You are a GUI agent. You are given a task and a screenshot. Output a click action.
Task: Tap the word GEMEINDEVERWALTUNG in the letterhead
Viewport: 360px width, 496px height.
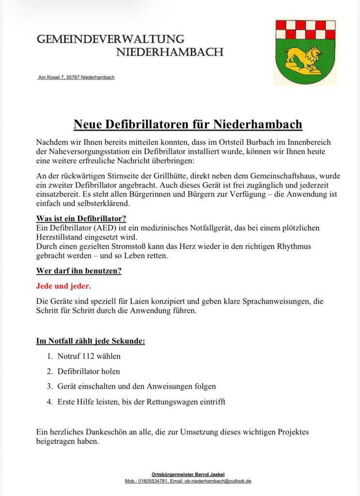[110, 39]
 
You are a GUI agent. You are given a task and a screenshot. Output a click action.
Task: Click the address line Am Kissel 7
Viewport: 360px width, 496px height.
[76, 77]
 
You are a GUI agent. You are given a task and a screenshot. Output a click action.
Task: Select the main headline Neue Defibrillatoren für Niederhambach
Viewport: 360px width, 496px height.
[188, 124]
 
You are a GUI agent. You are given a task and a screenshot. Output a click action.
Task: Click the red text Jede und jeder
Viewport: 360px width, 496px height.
[63, 286]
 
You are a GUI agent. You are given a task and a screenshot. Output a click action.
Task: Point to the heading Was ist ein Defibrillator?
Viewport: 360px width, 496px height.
[81, 218]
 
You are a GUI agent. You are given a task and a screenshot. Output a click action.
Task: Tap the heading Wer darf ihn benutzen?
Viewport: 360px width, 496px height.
[78, 271]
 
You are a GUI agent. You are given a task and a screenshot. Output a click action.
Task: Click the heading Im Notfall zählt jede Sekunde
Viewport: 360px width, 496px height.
[91, 341]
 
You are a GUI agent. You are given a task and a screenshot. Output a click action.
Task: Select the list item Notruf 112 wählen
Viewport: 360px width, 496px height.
[89, 356]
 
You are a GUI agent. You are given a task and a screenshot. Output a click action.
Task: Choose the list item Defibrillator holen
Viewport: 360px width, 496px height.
[88, 372]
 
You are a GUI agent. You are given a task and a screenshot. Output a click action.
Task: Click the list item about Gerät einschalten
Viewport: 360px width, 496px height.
[136, 387]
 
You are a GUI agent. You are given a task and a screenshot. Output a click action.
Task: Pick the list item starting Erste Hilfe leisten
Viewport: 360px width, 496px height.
[141, 402]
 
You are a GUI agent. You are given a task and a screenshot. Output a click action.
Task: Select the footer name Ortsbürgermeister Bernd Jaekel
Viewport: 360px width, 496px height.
[188, 474]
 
